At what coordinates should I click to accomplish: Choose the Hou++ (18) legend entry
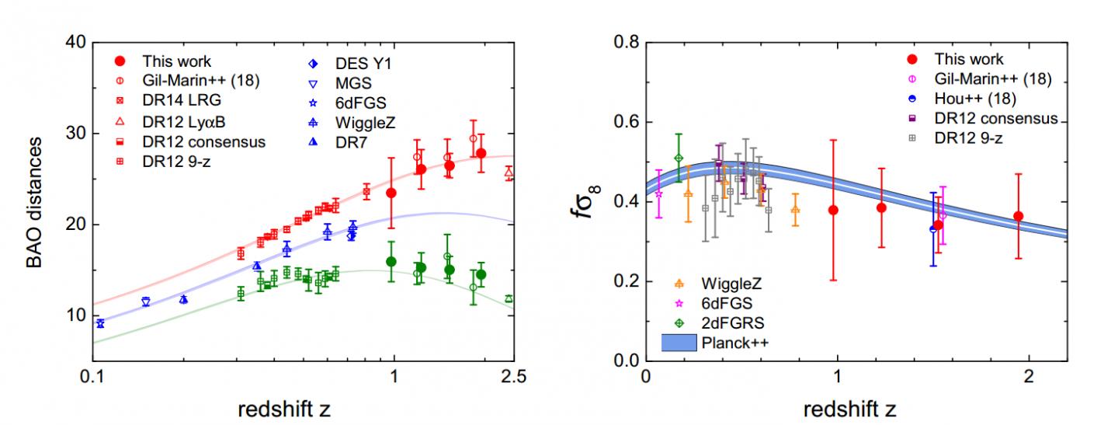point(975,99)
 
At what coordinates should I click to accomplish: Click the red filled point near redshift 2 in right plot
point(1018,216)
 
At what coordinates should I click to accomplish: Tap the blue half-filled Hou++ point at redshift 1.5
point(933,229)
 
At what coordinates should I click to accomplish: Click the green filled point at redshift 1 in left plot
point(391,262)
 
